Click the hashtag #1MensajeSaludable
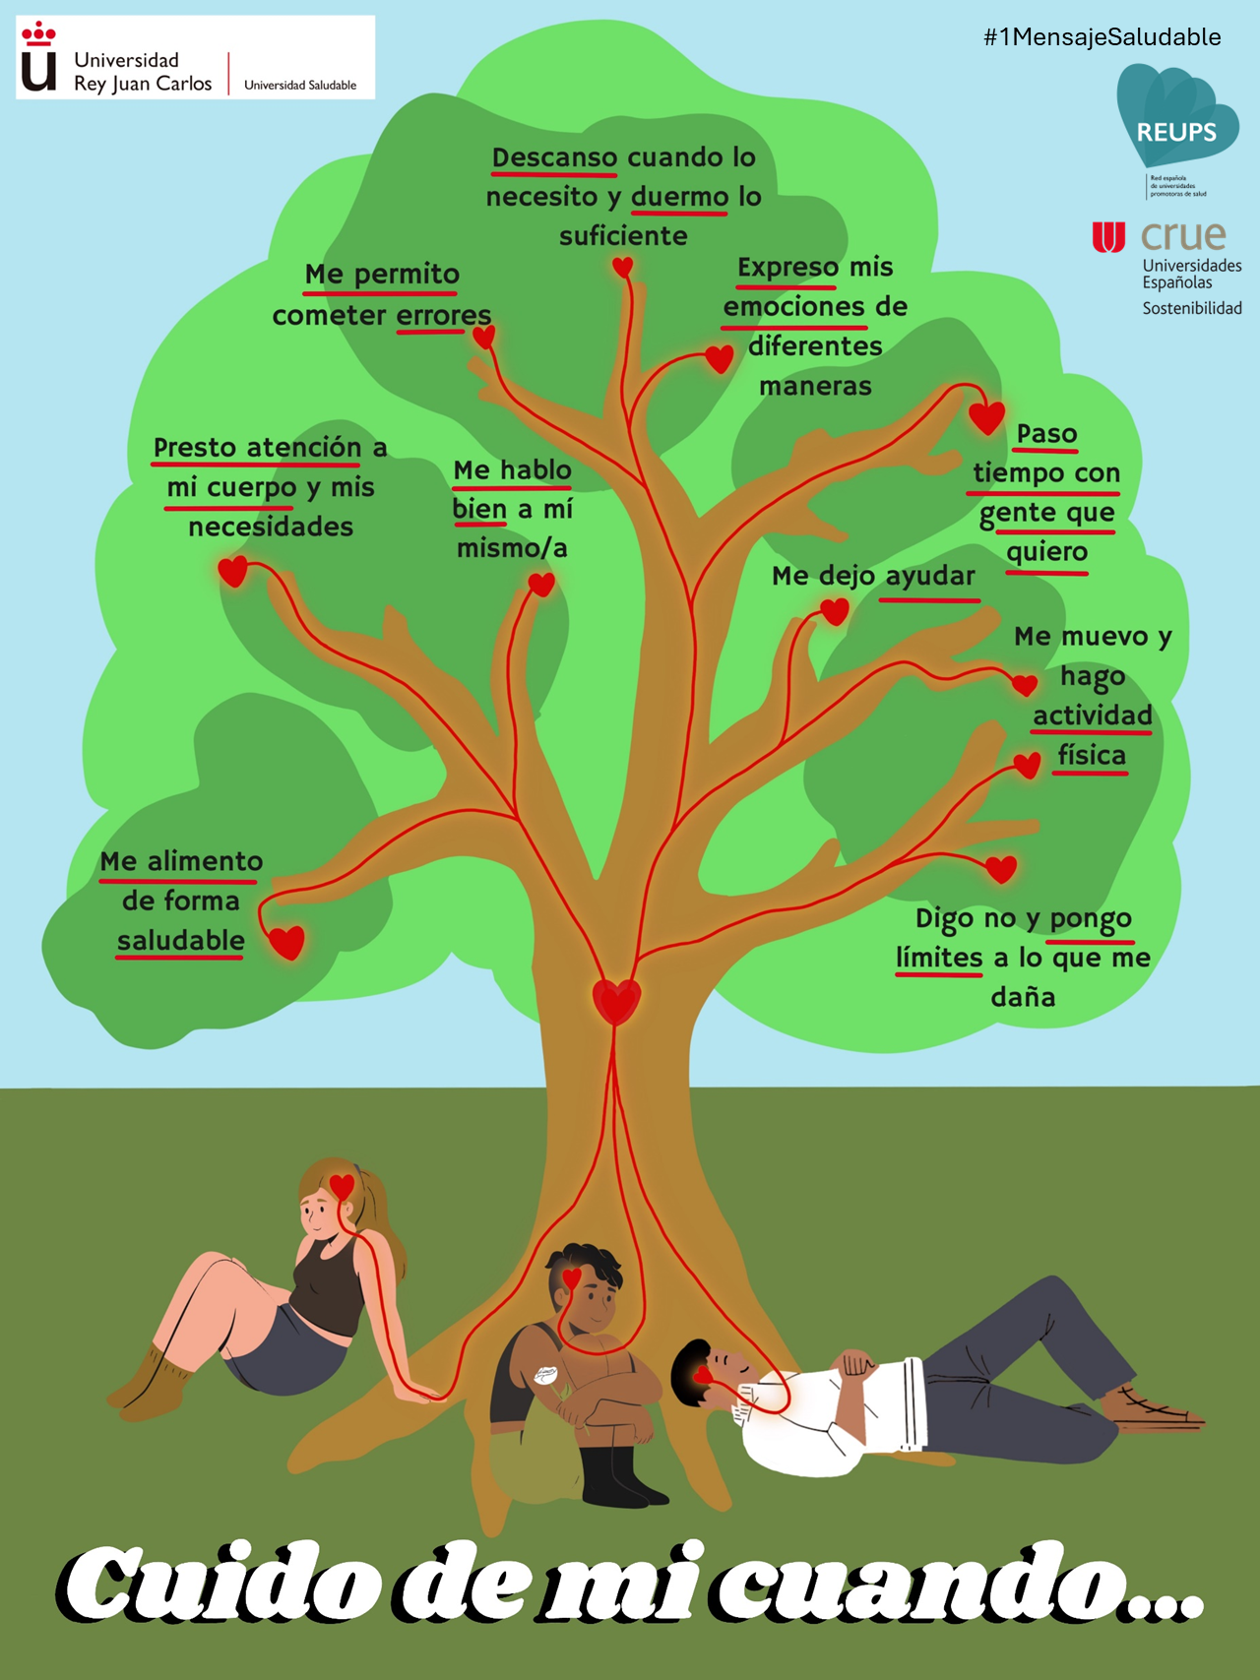click(x=1102, y=37)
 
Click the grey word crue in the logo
click(x=1184, y=236)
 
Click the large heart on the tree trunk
click(x=617, y=1001)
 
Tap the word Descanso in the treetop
click(x=554, y=157)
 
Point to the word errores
click(x=443, y=316)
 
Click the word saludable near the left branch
click(x=181, y=941)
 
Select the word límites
click(x=939, y=958)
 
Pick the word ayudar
click(x=930, y=576)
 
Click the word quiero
click(x=1046, y=552)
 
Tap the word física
click(x=1092, y=756)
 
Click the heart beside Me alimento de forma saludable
click(x=286, y=941)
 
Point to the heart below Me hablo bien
click(x=541, y=585)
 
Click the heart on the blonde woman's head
click(x=342, y=1186)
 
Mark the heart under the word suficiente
click(x=622, y=267)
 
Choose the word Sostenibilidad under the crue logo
click(x=1191, y=308)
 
